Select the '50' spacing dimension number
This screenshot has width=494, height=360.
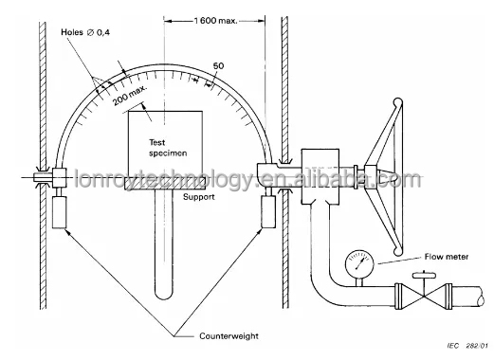(x=218, y=65)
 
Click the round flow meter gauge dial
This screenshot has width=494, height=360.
(x=357, y=261)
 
